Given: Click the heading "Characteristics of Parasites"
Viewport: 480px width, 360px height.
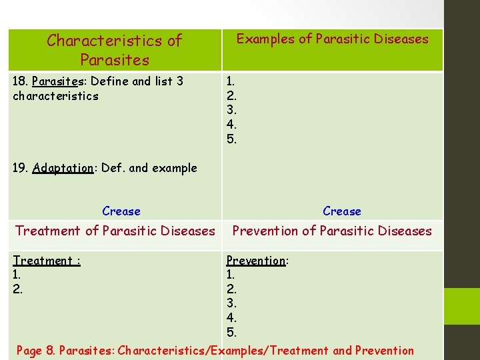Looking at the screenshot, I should tap(114, 50).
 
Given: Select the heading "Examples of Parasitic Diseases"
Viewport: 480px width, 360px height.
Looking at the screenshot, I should tap(332, 39).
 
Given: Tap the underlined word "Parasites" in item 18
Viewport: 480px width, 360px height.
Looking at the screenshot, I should tap(57, 81).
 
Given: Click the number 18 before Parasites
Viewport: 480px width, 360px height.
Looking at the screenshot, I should tap(20, 81).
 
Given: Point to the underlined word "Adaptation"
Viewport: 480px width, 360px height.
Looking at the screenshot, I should tap(63, 168).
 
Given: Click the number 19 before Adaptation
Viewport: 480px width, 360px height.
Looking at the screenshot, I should tap(20, 168).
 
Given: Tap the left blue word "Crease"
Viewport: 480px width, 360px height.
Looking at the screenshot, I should tap(121, 211).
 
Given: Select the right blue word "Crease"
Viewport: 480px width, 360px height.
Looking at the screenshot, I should tap(342, 211).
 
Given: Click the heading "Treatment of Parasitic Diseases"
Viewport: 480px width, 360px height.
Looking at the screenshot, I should tap(115, 231).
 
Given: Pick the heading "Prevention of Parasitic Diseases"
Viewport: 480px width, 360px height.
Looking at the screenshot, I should tap(332, 231).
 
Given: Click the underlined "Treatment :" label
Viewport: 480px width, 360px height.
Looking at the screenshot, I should tap(47, 261).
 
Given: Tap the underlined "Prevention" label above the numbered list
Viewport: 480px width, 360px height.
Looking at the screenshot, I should tap(256, 261).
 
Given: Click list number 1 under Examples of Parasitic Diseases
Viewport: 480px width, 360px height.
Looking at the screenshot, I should tap(230, 81).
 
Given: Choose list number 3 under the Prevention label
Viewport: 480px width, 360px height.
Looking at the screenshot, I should tap(231, 303).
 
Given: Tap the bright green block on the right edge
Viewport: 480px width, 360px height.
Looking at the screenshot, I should tap(462, 306).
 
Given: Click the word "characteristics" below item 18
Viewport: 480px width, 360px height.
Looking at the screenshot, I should tap(55, 96).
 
